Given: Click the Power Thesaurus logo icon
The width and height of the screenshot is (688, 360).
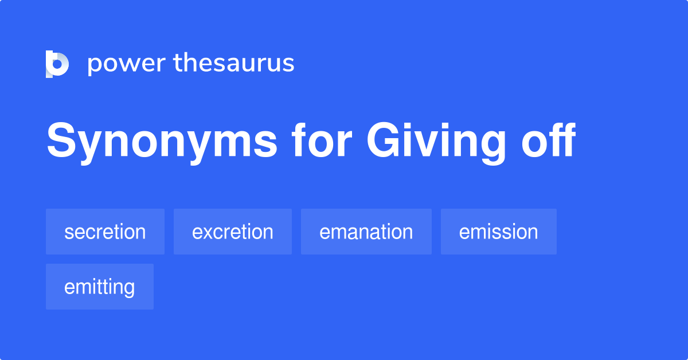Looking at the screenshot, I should point(57,64).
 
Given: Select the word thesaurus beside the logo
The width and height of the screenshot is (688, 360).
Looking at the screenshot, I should point(234,64).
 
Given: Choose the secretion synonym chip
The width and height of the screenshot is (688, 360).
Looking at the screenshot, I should point(105,232).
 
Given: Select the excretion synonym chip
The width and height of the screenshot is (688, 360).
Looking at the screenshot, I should point(233,232).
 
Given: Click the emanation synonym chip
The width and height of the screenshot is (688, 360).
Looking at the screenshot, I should point(366,232).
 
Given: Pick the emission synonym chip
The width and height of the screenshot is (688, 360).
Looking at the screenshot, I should point(499,232).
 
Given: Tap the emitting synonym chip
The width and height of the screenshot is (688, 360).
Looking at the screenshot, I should point(100,287).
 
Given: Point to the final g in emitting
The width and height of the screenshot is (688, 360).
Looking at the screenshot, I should point(130,288).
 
